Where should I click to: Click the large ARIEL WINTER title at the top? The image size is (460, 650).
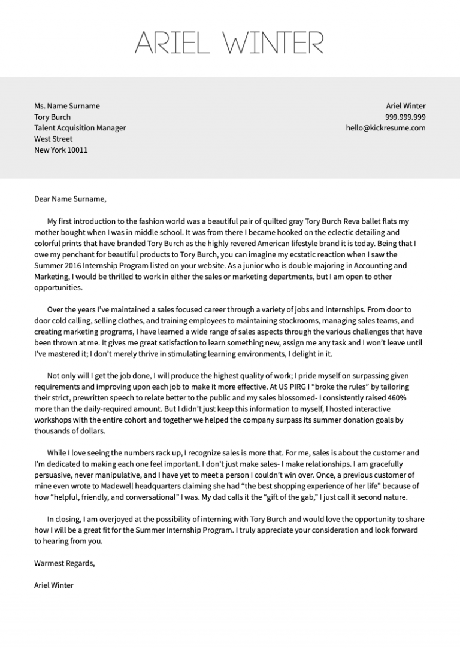tap(229, 42)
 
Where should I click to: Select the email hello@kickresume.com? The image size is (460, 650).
tap(385, 128)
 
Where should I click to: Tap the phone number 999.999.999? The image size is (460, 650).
tap(405, 117)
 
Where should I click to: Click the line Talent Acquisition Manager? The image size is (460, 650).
tap(80, 128)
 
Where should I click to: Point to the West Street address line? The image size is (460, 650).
tap(53, 139)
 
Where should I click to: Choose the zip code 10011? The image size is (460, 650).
tap(77, 150)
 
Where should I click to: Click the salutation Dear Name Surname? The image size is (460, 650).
tap(70, 199)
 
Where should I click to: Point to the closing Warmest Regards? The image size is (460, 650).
tap(65, 563)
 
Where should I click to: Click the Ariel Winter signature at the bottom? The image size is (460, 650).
tap(54, 585)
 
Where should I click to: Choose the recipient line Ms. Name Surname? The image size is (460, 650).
tap(67, 106)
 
